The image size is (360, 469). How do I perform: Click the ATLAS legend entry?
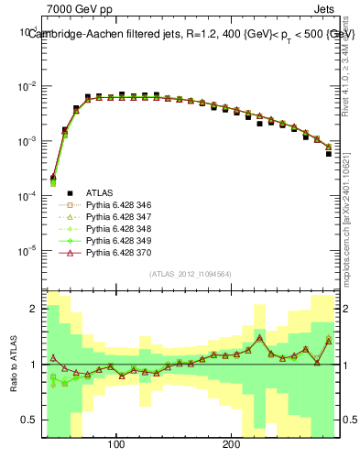(100, 193)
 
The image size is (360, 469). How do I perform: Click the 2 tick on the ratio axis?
(34, 309)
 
